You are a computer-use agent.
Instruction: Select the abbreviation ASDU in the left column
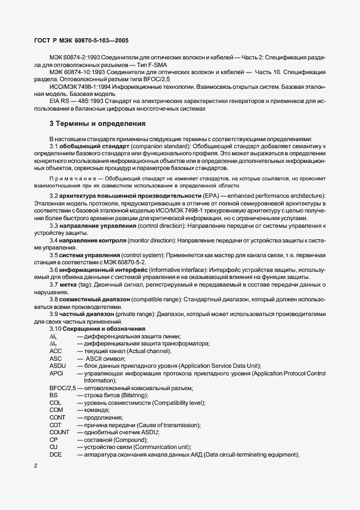click(58, 366)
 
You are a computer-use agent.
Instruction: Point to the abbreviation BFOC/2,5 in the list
click(62, 388)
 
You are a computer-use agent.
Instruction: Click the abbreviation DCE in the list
click(56, 454)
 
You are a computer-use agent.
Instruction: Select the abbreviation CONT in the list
click(58, 417)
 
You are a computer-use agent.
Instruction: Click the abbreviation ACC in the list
click(56, 351)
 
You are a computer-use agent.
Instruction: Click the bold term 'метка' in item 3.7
click(70, 284)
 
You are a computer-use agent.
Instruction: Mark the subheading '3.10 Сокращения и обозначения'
click(97, 329)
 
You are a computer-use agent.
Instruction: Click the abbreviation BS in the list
click(53, 395)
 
